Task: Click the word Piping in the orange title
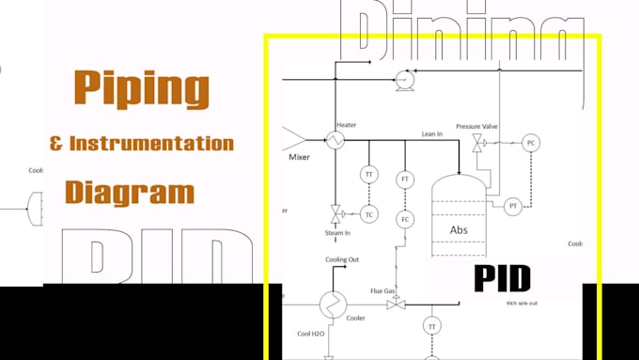(141, 89)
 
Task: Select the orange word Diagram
(130, 192)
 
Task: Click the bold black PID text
(501, 278)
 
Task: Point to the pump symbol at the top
(406, 79)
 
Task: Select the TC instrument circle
(369, 213)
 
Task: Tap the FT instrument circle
(406, 179)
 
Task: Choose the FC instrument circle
(406, 219)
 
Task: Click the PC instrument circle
(531, 143)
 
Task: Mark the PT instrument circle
(513, 206)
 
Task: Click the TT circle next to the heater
(369, 175)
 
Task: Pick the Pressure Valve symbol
(477, 142)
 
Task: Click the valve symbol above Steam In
(335, 211)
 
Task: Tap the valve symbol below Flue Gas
(396, 304)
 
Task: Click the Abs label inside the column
(459, 229)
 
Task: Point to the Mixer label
(299, 157)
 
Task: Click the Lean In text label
(432, 134)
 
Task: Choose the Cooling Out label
(342, 259)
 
